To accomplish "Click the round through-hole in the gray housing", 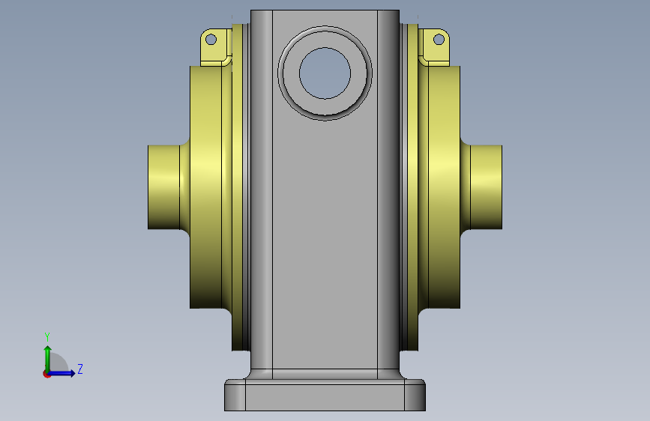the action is [325, 73].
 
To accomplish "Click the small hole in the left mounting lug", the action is [211, 40].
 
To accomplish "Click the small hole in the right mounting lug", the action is [439, 40].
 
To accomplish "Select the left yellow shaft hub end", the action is [163, 187].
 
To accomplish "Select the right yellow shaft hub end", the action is [487, 187].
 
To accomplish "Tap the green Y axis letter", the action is [47, 336].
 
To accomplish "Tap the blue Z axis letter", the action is [80, 369].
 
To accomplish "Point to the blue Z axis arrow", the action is [61, 373].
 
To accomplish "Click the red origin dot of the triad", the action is [46, 374].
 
